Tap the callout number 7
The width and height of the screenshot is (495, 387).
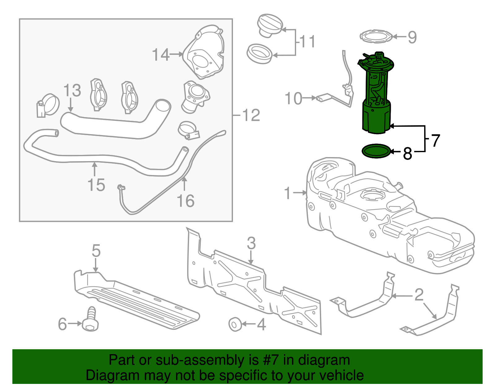[x=435, y=141]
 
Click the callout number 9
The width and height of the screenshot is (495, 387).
[x=412, y=37]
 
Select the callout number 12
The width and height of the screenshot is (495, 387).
[x=251, y=115]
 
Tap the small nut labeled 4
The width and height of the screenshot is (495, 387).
[x=235, y=324]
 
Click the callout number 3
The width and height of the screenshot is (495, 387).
[x=251, y=243]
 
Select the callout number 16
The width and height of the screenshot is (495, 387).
[x=185, y=201]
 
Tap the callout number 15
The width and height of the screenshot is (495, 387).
[x=96, y=185]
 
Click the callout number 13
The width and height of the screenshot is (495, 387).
[x=72, y=90]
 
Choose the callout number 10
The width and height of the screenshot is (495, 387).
[x=293, y=99]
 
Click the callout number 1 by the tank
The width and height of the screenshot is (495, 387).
[x=287, y=193]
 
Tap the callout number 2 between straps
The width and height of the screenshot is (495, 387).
[x=419, y=295]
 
